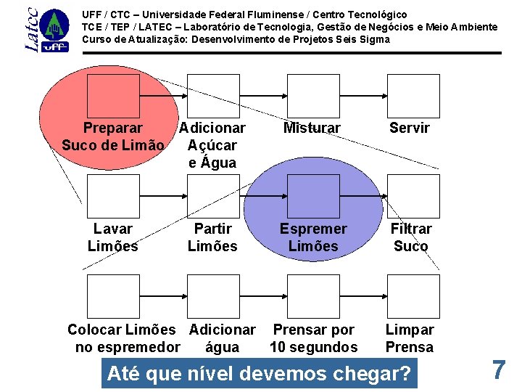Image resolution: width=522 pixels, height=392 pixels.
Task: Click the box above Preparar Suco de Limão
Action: point(112,96)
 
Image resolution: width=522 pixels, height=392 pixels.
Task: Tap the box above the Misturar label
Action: point(312,96)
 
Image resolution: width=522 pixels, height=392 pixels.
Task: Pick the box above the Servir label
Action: point(413,96)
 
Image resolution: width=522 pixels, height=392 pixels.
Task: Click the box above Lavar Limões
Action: point(112,196)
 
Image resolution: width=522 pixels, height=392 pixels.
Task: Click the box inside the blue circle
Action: point(312,196)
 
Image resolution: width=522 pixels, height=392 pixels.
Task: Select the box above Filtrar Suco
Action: point(413,196)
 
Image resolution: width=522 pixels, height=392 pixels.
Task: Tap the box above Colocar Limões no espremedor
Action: point(112,296)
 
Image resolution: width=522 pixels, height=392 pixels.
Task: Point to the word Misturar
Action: point(312,128)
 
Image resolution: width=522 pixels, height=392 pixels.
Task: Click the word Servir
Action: point(410,128)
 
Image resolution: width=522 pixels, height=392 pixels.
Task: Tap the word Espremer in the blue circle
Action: point(313,229)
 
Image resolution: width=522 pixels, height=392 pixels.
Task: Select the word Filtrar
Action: point(411,229)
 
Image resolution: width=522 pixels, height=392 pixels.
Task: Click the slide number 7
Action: point(498,370)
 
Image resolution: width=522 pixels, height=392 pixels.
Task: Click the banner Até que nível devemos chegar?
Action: point(259,375)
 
